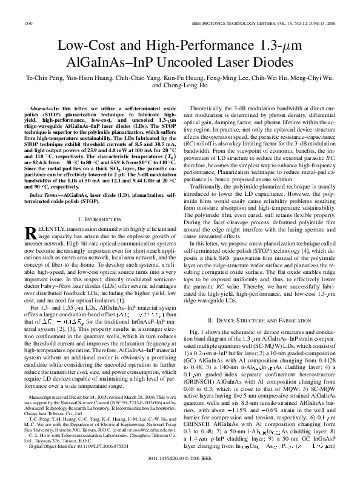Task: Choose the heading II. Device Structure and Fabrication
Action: tap(259, 319)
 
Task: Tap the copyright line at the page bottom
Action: tap(179, 467)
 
